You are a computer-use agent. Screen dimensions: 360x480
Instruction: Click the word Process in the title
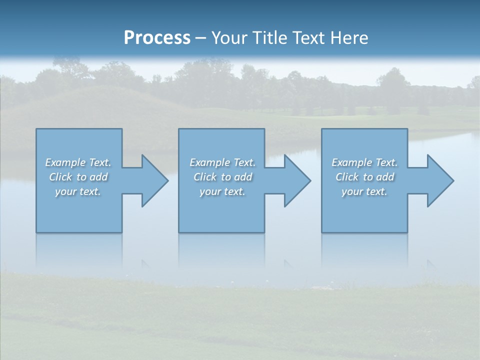pyautogui.click(x=157, y=37)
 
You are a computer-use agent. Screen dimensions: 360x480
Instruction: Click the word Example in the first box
pyautogui.click(x=65, y=162)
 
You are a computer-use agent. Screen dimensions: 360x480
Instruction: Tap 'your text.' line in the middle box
pyautogui.click(x=222, y=191)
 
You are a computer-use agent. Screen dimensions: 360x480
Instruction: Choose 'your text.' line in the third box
pyautogui.click(x=364, y=191)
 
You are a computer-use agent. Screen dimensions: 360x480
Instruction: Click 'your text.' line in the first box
pyautogui.click(x=77, y=191)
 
